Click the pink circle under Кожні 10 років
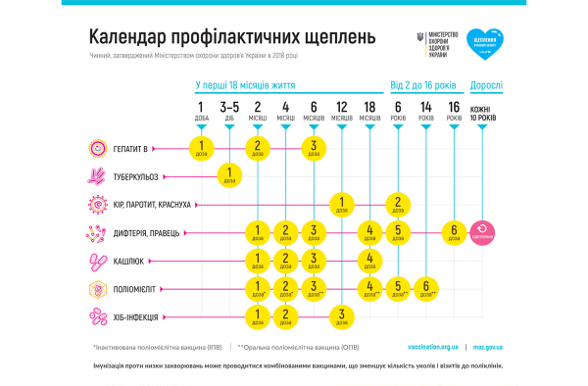pyautogui.click(x=482, y=233)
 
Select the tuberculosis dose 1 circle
pyautogui.click(x=229, y=177)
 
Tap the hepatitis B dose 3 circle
pyautogui.click(x=314, y=149)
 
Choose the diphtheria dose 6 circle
pyautogui.click(x=454, y=233)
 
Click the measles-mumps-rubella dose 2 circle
pyautogui.click(x=398, y=205)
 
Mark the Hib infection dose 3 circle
pyautogui.click(x=342, y=316)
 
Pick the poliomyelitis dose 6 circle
pyautogui.click(x=426, y=289)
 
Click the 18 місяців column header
pyautogui.click(x=369, y=112)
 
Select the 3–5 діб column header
pyautogui.click(x=229, y=112)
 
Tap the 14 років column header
pyautogui.click(x=426, y=112)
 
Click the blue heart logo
pyautogui.click(x=481, y=41)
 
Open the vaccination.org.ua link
pyautogui.click(x=432, y=346)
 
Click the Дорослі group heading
pyautogui.click(x=487, y=85)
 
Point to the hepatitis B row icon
pyautogui.click(x=98, y=149)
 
